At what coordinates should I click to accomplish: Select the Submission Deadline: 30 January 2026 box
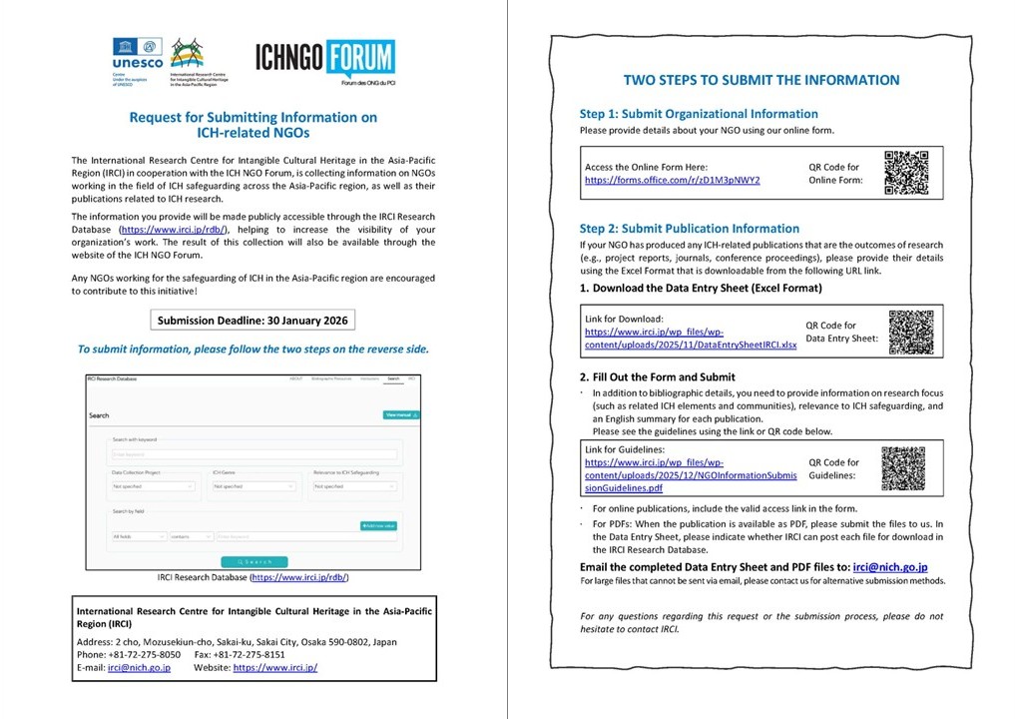[254, 321]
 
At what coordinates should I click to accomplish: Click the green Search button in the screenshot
[254, 561]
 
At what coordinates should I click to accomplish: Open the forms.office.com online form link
[672, 180]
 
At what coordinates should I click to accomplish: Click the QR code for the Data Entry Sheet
[910, 332]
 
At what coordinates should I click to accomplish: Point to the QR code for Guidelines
[903, 468]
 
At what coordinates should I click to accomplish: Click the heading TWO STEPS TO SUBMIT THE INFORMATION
[761, 80]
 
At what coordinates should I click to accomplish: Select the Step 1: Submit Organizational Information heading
[699, 114]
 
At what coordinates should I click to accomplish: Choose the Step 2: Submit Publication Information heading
[689, 229]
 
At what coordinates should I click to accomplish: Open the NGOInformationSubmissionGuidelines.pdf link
[690, 475]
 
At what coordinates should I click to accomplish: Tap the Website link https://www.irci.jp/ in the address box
[275, 667]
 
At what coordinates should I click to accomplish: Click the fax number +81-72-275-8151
[245, 654]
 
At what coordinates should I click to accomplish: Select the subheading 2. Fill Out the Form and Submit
[657, 376]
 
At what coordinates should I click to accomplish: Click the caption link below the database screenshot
[299, 577]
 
